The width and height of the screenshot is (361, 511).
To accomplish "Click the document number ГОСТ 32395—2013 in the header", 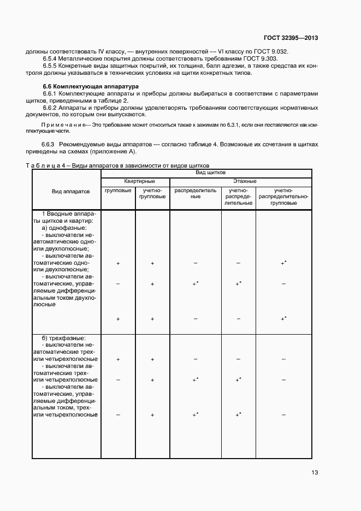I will pyautogui.click(x=291, y=38).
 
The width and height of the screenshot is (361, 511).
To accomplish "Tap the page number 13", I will pyautogui.click(x=315, y=473).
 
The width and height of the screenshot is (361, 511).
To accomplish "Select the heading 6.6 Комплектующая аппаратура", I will pyautogui.click(x=91, y=87).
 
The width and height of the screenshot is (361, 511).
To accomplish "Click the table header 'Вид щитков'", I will pyautogui.click(x=206, y=173).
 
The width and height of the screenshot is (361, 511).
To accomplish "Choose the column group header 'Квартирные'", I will pyautogui.click(x=135, y=181).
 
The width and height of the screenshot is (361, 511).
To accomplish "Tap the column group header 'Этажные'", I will pyautogui.click(x=241, y=181).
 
